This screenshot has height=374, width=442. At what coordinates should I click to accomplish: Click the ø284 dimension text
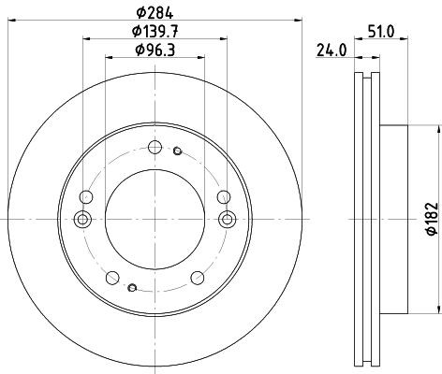coord(155,11)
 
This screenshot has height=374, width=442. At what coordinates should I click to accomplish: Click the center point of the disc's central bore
coord(155,218)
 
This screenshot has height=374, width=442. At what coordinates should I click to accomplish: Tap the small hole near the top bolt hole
coord(176,149)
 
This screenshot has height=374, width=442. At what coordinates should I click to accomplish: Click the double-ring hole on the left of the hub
coord(82,219)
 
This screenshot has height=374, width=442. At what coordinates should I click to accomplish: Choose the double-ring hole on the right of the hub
coord(227,219)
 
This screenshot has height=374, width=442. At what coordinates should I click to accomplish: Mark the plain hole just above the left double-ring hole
coord(87,197)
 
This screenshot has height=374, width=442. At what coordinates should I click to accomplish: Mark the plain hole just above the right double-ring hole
coord(222,197)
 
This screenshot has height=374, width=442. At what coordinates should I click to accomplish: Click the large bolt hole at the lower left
coord(112,277)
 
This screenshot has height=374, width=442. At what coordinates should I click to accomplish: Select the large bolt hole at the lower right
coord(197,277)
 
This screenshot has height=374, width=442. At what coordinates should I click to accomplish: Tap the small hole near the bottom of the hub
coord(133,287)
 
